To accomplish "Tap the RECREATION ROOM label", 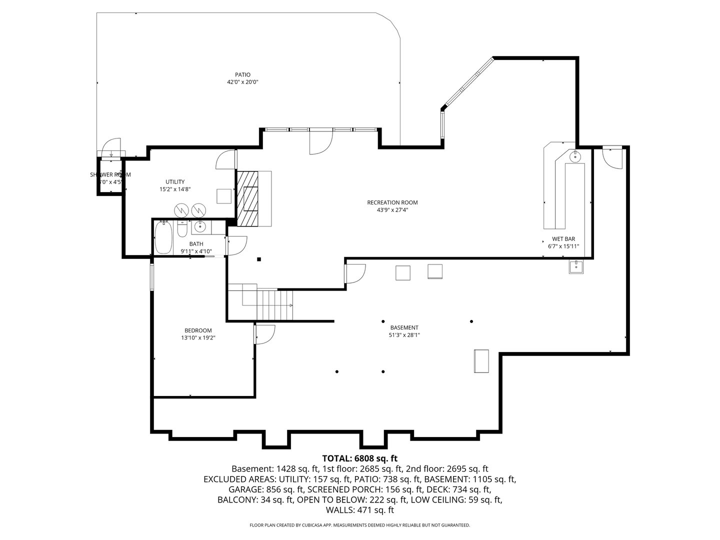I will tap(392, 202).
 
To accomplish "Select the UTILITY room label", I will tap(175, 182).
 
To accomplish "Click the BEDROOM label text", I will tap(198, 330).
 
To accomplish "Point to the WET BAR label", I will tap(563, 239).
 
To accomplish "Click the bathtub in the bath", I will tap(163, 237).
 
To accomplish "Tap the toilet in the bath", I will tap(182, 229).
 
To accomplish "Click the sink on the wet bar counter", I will tap(575, 157).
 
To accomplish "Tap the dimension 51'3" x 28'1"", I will tap(404, 335).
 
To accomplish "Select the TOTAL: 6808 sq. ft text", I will tap(359, 458).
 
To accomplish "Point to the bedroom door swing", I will tap(265, 334).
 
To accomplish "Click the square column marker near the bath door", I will tap(259, 259).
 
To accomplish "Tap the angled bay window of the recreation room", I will tap(467, 82).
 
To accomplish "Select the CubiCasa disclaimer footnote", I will tap(359, 525).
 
